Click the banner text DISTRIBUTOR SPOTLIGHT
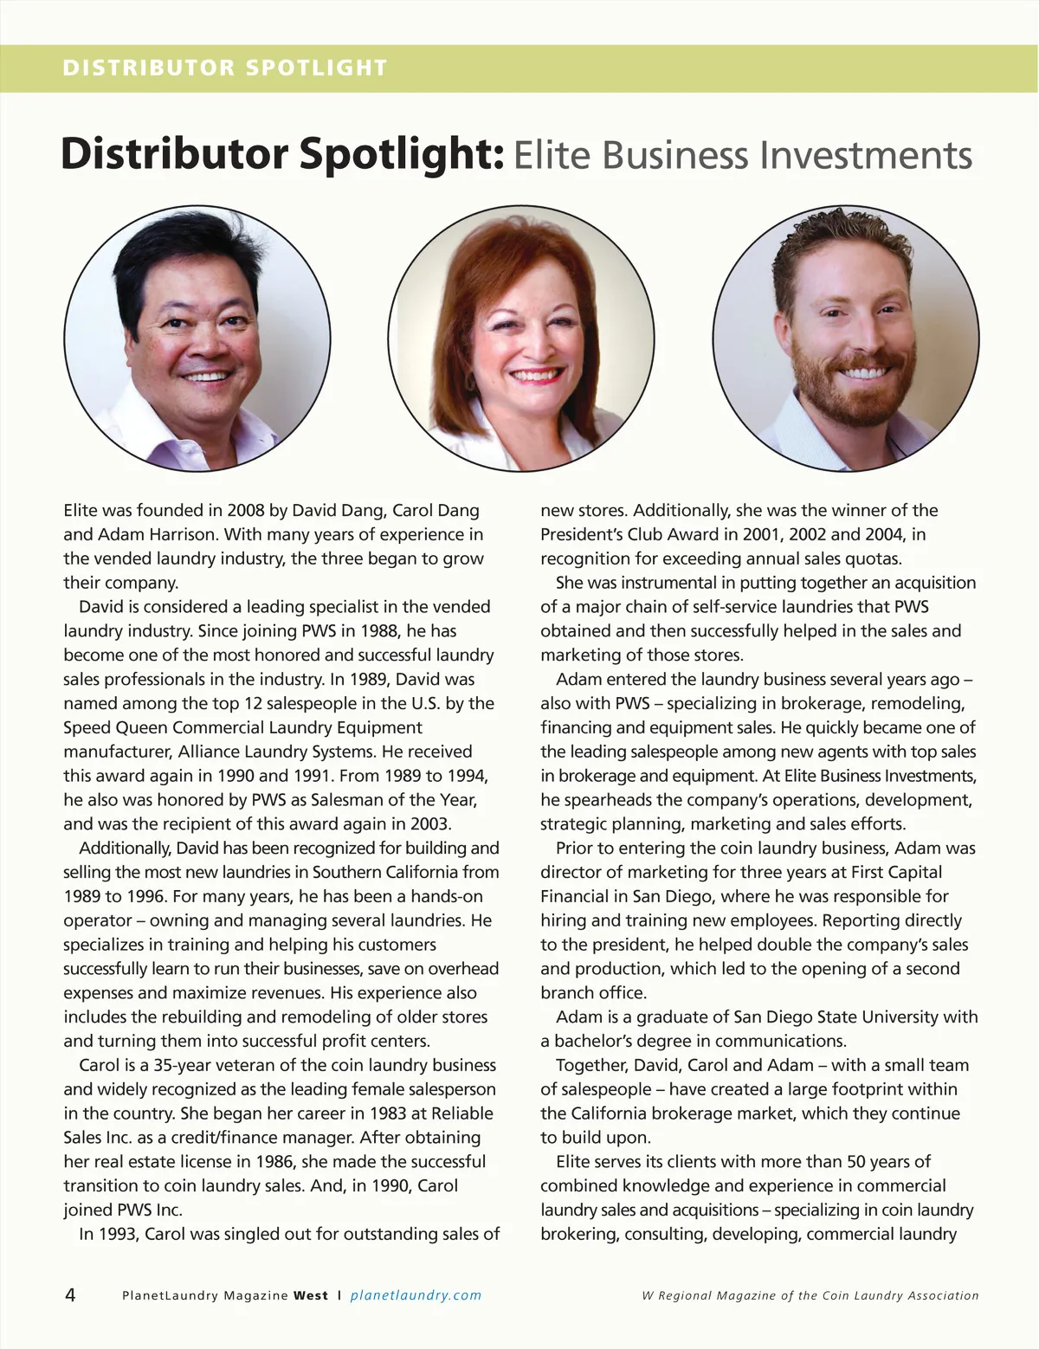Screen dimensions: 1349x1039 [x=224, y=68]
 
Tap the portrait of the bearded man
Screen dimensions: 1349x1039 [x=846, y=339]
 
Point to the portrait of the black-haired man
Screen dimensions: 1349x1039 [x=197, y=339]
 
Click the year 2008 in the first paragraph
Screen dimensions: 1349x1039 [x=245, y=511]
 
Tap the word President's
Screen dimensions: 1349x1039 [x=581, y=535]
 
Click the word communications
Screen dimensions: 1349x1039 [x=780, y=1042]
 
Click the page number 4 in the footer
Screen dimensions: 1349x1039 [x=70, y=1295]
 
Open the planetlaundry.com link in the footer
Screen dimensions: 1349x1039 [x=416, y=1296]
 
